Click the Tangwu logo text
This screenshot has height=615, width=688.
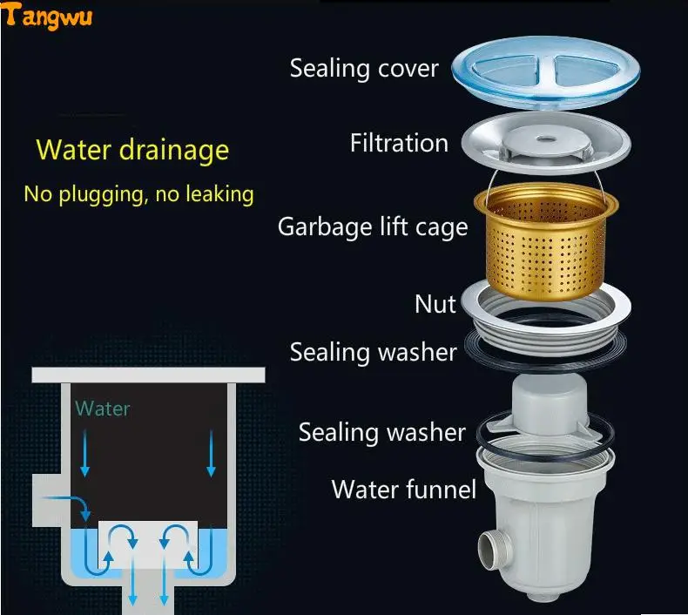tap(49, 16)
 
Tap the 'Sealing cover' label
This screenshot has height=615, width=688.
tap(364, 68)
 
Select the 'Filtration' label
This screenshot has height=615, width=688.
tap(399, 143)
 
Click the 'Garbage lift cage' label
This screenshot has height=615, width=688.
tap(373, 227)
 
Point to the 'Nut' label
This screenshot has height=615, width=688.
tap(435, 304)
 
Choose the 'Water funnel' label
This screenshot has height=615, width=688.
tap(403, 489)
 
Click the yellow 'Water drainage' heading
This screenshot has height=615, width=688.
tap(132, 149)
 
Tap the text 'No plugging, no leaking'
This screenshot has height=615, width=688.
tap(138, 193)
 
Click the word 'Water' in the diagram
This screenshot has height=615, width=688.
tap(102, 408)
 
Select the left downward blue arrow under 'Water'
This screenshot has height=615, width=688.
tap(84, 455)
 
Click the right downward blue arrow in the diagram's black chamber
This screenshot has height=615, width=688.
tap(211, 455)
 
